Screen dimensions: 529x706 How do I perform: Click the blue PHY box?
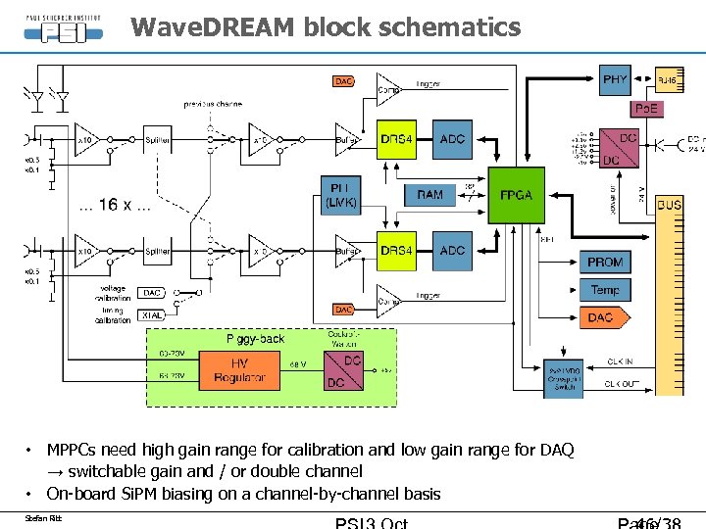point(615,79)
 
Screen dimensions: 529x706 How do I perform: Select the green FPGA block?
point(516,195)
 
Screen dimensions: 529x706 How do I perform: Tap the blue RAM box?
point(429,195)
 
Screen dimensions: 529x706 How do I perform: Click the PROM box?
point(605,262)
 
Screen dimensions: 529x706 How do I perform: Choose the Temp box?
point(605,289)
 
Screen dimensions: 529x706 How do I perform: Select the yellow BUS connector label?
point(670,205)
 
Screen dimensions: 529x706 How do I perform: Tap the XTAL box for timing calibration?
point(152,316)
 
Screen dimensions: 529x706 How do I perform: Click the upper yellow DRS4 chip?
point(397,139)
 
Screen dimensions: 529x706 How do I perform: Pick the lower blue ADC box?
point(452,251)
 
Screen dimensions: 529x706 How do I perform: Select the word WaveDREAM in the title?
point(211,26)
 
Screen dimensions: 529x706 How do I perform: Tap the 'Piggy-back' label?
point(256,338)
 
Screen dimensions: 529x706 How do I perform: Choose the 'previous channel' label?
point(216,103)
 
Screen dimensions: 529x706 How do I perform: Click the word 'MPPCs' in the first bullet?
point(77,450)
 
